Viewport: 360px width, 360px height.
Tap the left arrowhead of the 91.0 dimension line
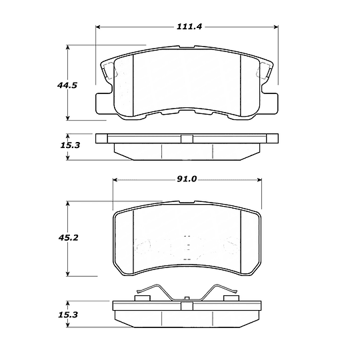[117, 179]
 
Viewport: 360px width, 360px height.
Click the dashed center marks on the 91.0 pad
[188, 246]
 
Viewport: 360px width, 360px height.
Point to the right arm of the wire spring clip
[220, 294]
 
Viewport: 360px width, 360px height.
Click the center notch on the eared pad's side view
[187, 139]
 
